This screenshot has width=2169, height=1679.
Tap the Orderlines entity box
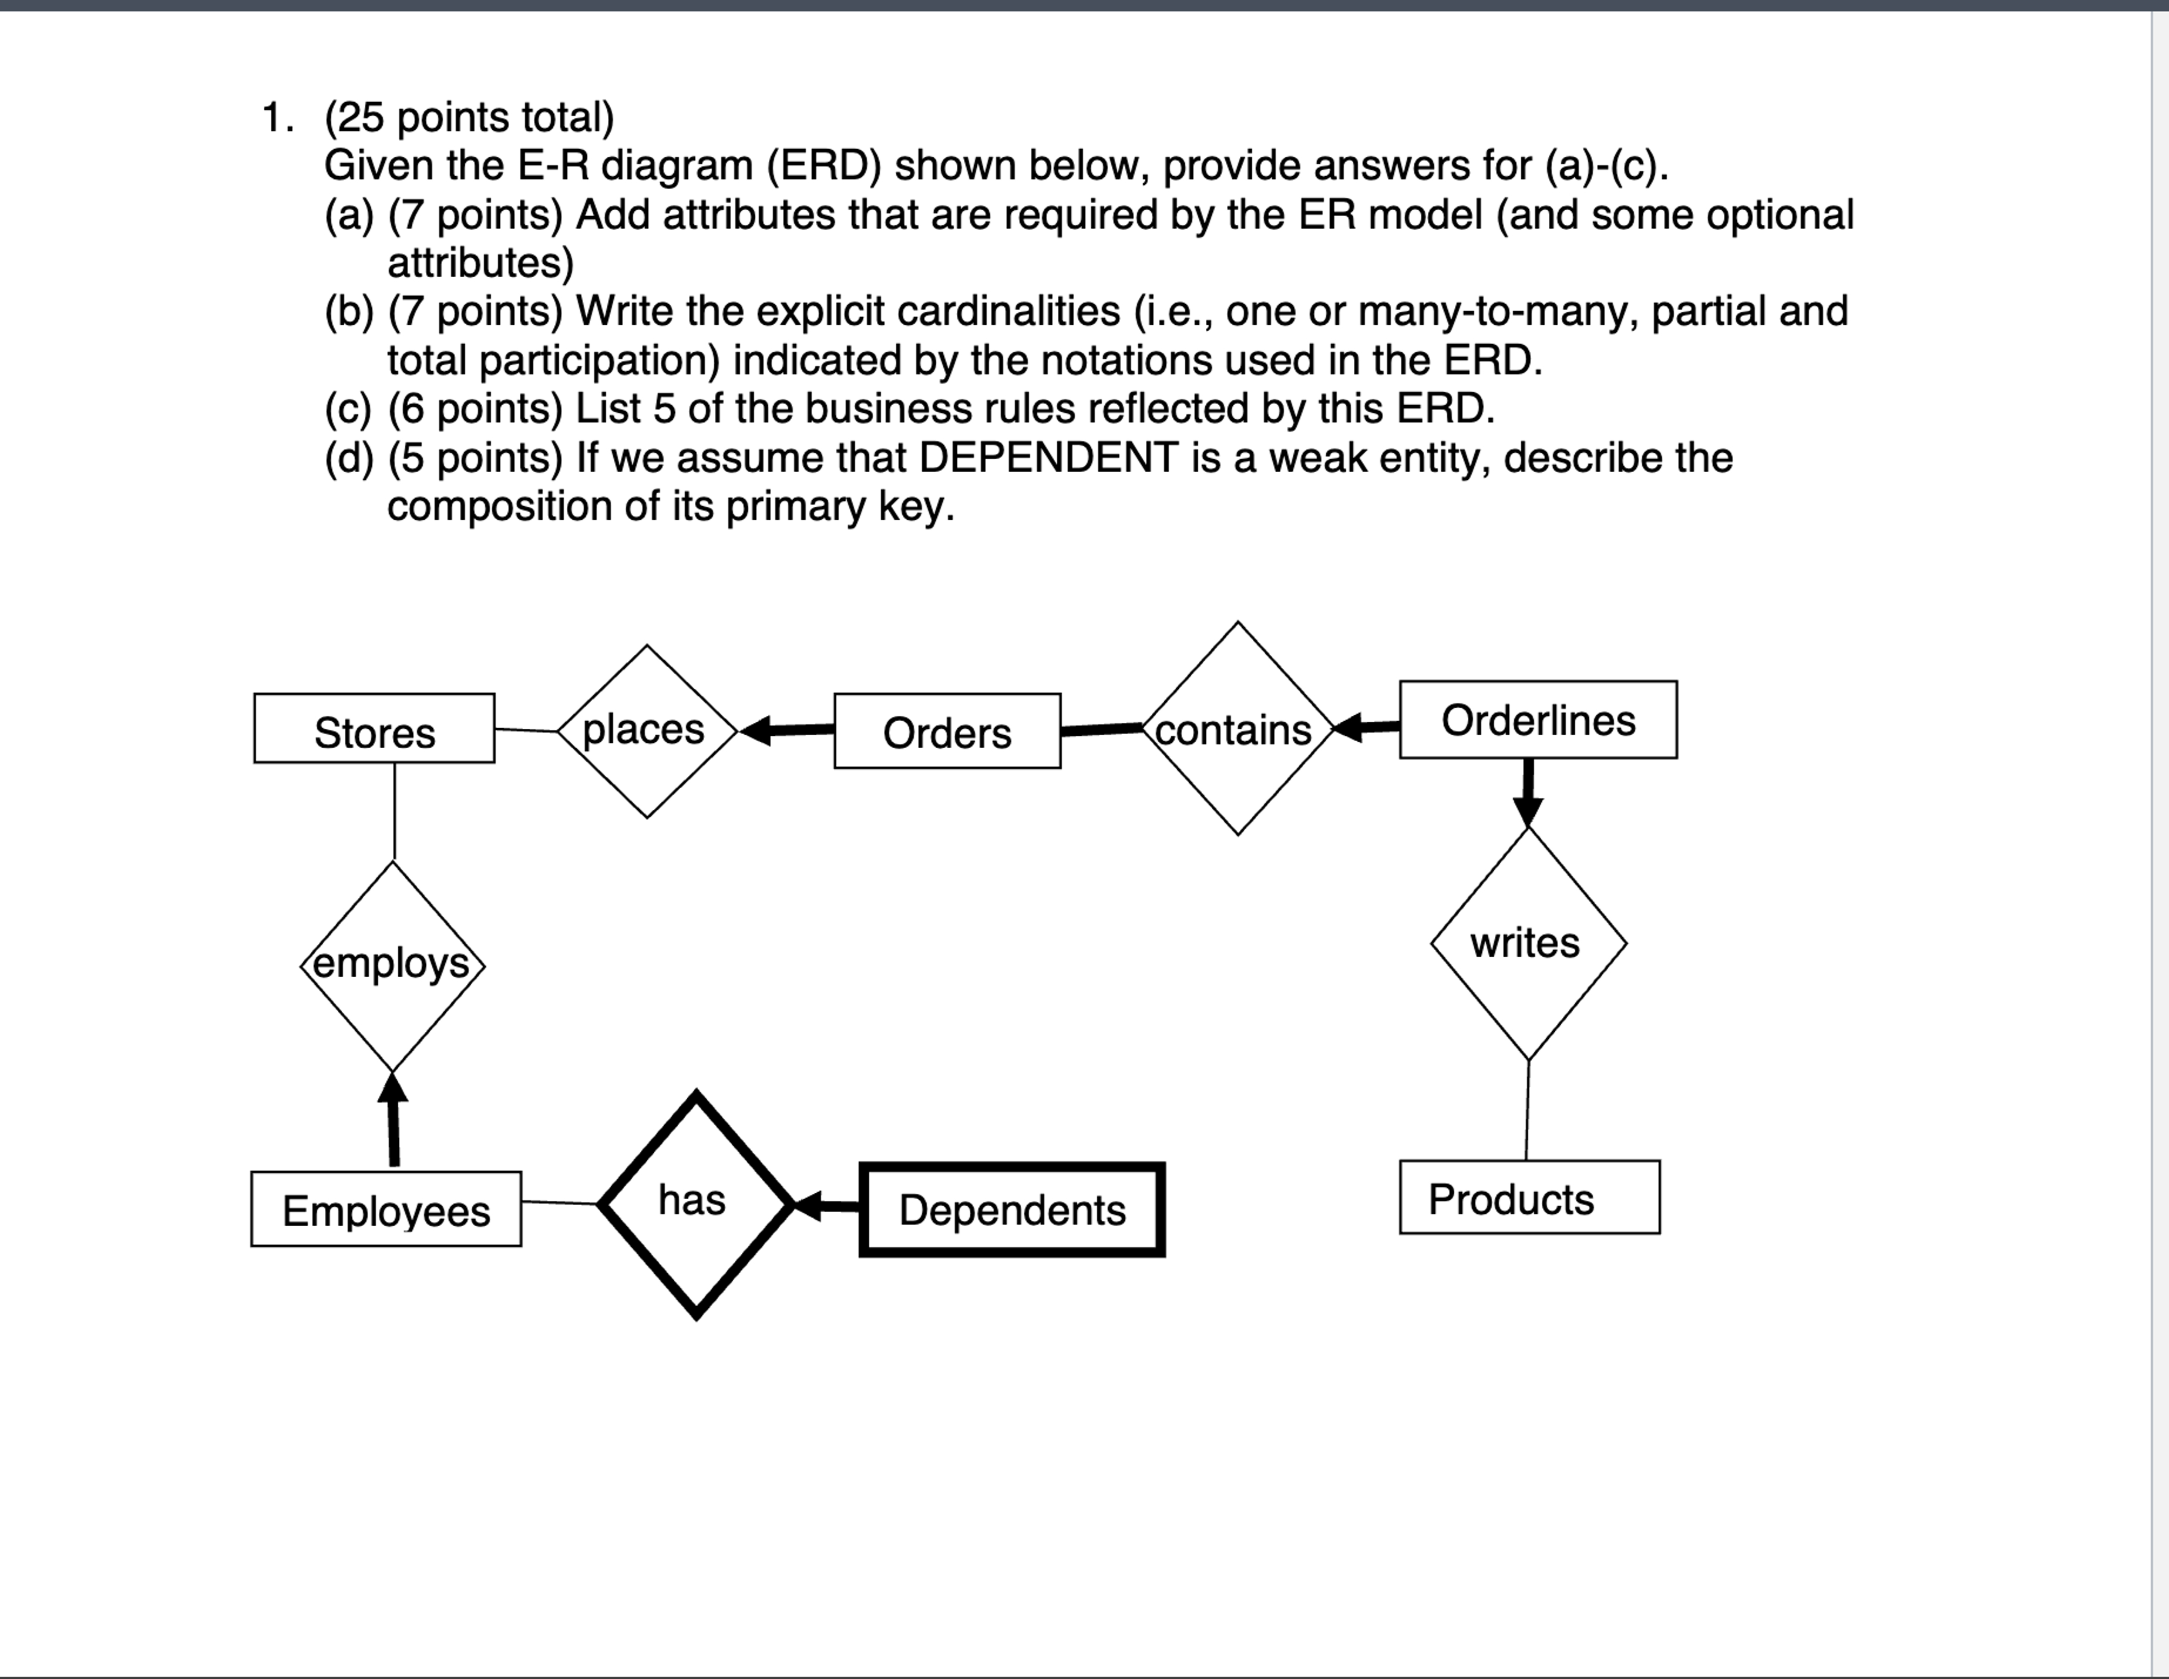pyautogui.click(x=1538, y=720)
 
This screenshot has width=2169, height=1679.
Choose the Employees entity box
pyautogui.click(x=386, y=1209)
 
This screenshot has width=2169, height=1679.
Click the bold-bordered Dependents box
pyautogui.click(x=1012, y=1209)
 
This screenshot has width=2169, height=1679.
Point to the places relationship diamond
pyautogui.click(x=647, y=731)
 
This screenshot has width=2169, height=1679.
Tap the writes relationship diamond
pyautogui.click(x=1528, y=943)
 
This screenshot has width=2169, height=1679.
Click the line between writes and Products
pyautogui.click(x=1528, y=1110)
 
